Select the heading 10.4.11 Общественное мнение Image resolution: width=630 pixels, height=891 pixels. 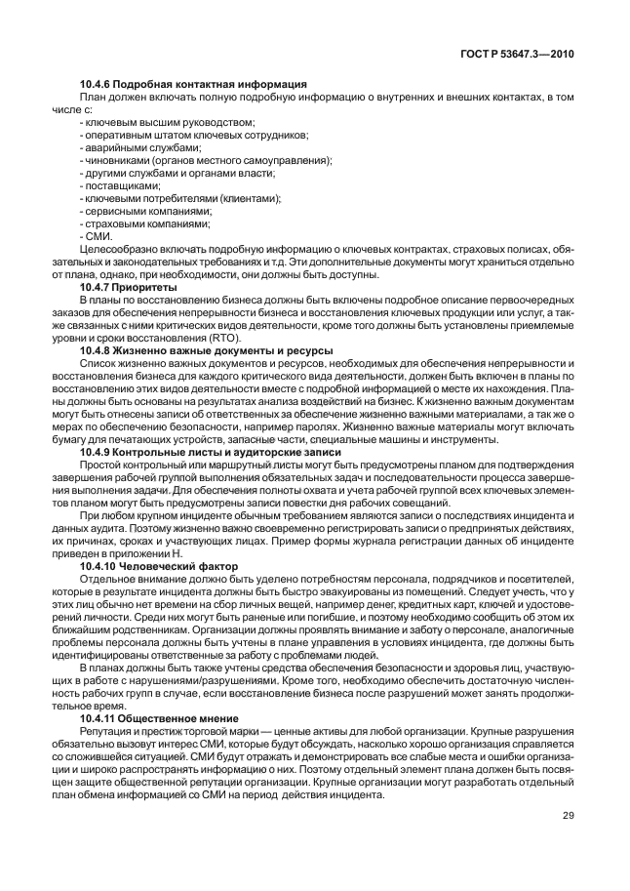162,717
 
